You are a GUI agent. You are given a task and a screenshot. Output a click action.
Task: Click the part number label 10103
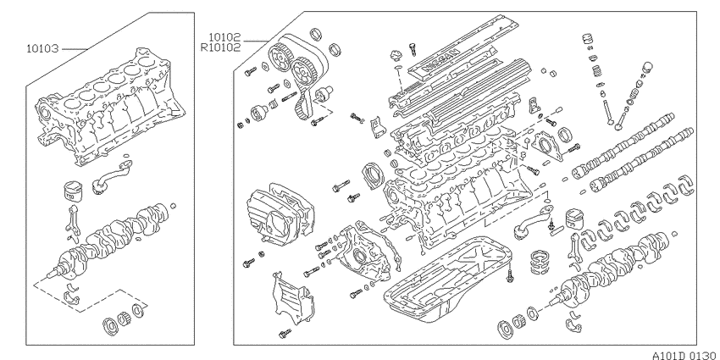42,48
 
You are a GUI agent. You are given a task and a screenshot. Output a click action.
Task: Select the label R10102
220,47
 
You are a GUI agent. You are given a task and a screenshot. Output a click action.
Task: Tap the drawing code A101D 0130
685,356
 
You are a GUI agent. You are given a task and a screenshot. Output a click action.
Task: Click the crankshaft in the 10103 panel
110,239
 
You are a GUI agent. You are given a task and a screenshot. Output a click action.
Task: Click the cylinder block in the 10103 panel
110,107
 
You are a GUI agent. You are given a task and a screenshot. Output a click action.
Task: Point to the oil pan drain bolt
509,275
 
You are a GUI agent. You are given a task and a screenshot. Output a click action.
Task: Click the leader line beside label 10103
74,48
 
